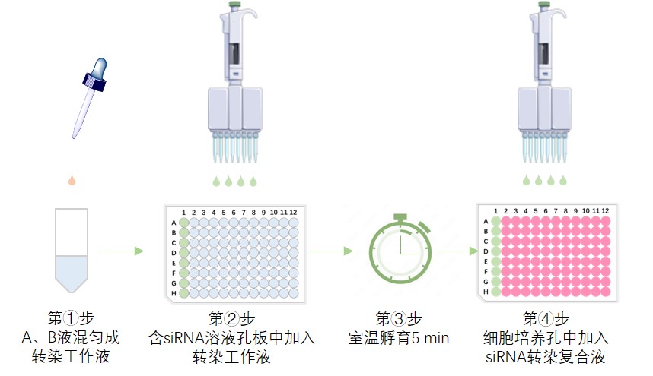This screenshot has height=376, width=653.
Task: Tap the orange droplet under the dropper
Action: click(72, 181)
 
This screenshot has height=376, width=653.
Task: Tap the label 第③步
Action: click(399, 317)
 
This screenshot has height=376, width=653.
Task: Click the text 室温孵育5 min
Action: click(399, 337)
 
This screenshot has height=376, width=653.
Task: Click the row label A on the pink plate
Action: click(486, 221)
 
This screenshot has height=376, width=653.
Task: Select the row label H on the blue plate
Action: click(174, 293)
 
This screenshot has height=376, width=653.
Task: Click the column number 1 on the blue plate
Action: click(183, 211)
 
